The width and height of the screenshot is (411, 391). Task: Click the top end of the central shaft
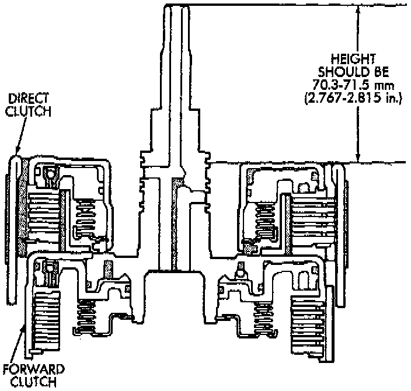tap(177, 7)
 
